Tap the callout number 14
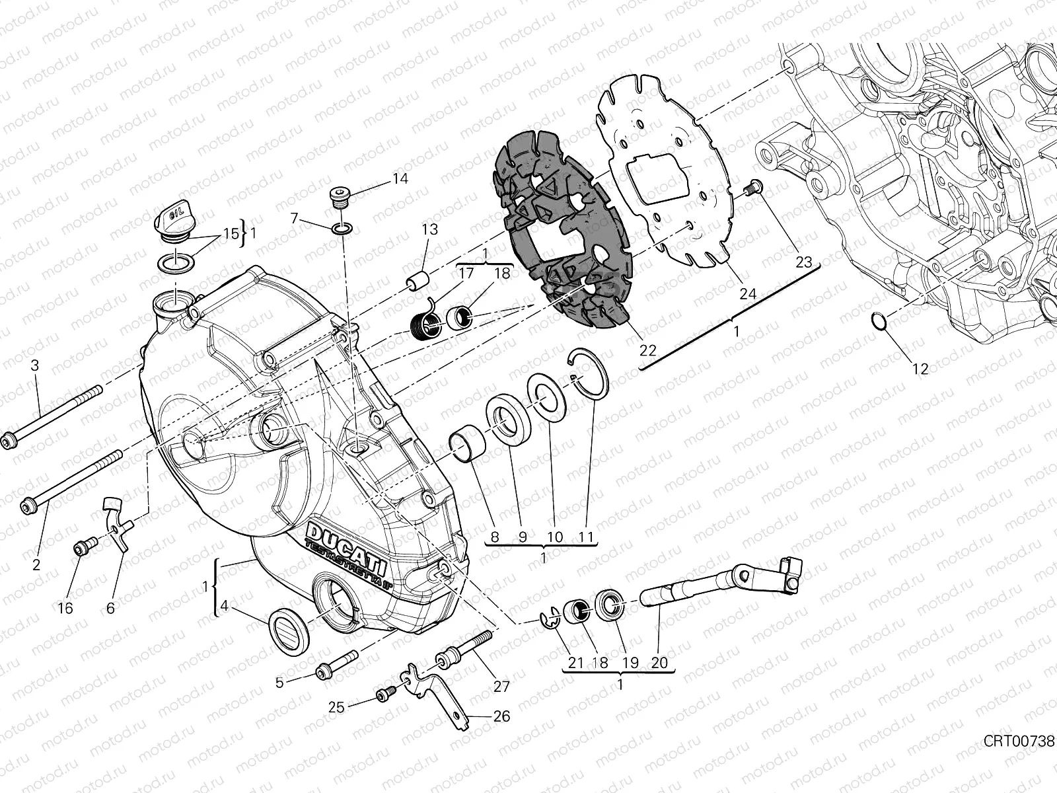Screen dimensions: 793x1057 point(400,179)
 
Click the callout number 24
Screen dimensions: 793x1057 point(748,294)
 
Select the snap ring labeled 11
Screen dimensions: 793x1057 point(590,374)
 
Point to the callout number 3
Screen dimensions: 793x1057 point(36,365)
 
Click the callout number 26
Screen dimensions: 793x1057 point(501,716)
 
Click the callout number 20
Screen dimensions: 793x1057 point(659,663)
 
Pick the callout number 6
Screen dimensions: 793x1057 point(110,608)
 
